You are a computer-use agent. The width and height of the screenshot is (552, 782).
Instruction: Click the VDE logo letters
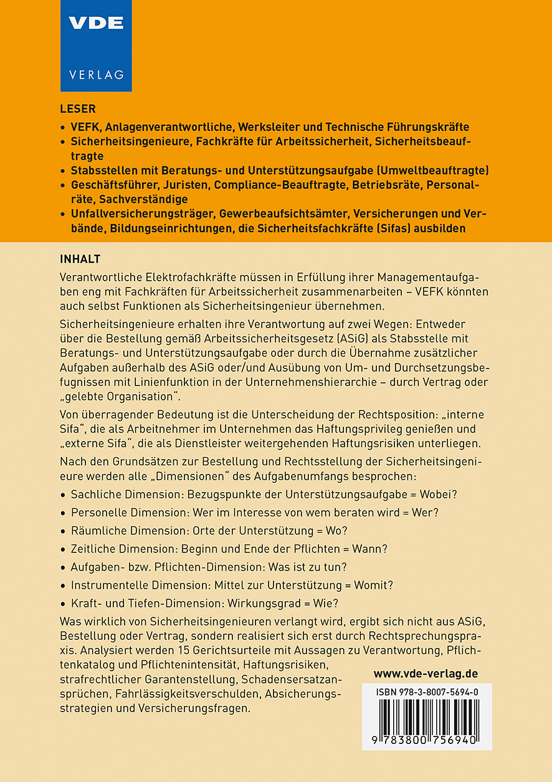96,23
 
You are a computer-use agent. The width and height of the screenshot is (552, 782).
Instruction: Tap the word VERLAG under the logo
96,74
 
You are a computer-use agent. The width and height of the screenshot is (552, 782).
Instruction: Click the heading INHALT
80,259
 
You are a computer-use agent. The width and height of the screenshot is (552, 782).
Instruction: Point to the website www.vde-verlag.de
426,673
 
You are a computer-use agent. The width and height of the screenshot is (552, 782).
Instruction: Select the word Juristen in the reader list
185,186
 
